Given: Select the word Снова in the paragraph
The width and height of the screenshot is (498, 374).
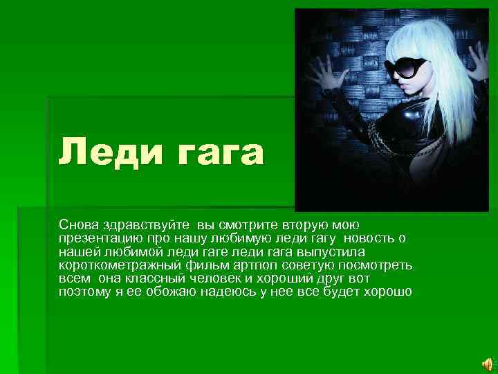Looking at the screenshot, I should (x=78, y=225).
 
